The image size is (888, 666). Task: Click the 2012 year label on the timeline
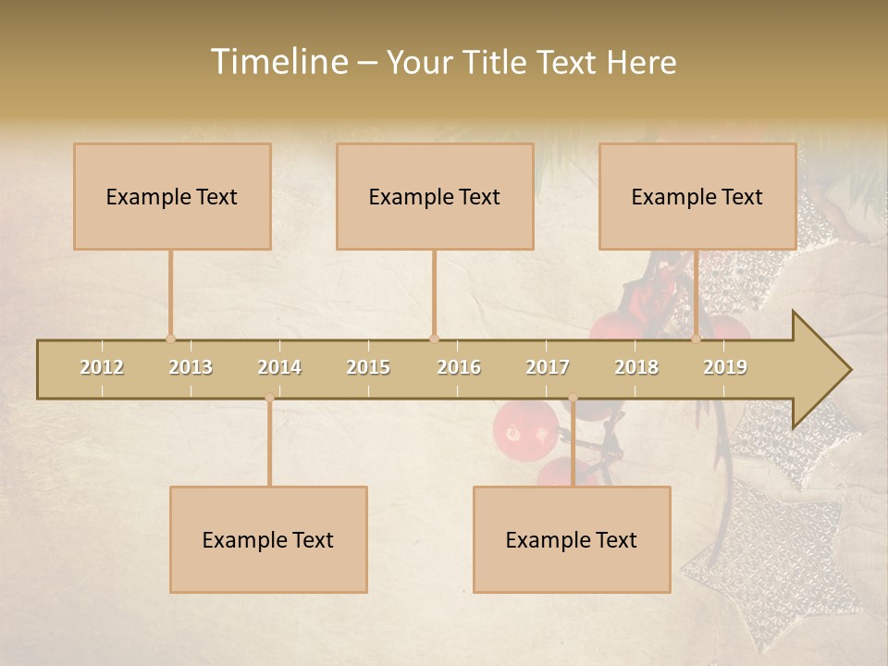point(102,367)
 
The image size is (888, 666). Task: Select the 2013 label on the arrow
point(191,367)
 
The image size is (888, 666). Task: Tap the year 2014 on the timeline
point(279,367)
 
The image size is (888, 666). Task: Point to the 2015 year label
point(368,367)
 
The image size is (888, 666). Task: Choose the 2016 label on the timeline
point(459,367)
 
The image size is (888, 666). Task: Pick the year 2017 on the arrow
point(548,367)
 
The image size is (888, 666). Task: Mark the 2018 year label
point(636,367)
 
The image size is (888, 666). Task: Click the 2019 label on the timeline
point(725,367)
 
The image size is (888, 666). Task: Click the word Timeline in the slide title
point(278,62)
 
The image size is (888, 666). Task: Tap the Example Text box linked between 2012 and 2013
point(172,196)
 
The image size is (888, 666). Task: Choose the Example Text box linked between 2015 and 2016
point(435,196)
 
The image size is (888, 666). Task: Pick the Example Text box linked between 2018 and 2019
point(697,196)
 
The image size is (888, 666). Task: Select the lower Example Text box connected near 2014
point(268,539)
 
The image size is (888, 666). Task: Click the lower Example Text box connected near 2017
point(572,539)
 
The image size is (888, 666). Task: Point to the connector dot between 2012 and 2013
point(170,339)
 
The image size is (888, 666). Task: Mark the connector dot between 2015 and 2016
point(434,339)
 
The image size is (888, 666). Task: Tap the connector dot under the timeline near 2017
point(573,398)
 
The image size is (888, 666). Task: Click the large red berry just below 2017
point(524,427)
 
